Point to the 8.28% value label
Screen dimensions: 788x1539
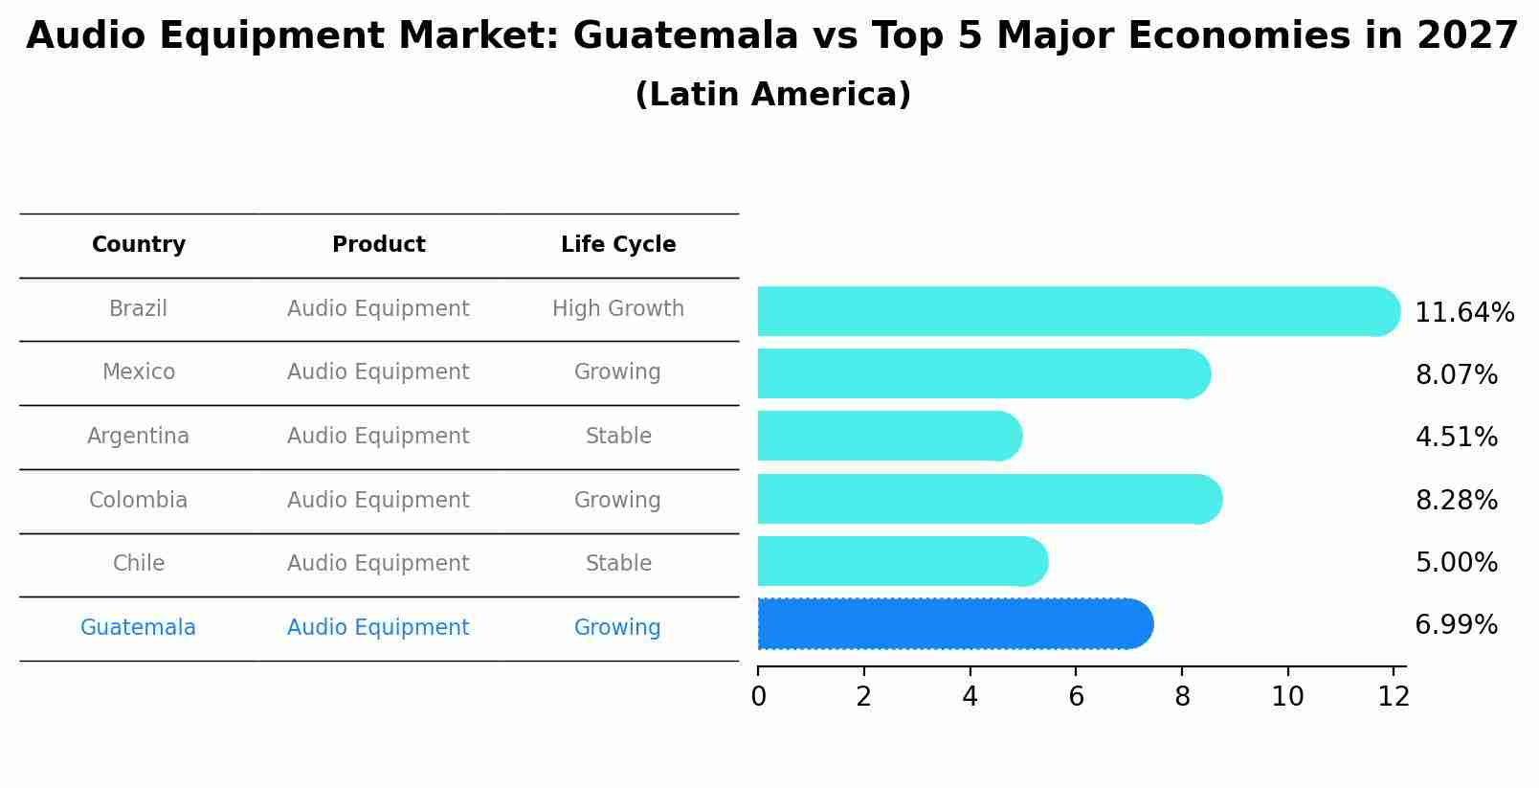coord(1456,500)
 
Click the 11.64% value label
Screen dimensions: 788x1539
coord(1463,313)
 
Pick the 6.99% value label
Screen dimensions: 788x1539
coord(1456,625)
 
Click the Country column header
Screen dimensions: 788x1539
coord(139,245)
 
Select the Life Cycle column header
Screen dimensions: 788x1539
coord(618,245)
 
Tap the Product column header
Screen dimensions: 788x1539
coord(378,245)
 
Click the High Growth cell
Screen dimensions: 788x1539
coord(618,309)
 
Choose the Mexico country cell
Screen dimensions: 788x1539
coord(139,372)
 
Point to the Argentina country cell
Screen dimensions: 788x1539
coord(139,437)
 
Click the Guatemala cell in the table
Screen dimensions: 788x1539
coord(139,628)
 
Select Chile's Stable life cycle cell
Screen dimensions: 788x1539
coord(618,564)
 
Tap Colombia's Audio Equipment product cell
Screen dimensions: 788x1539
coord(378,501)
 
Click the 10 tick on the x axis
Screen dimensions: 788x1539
coord(1287,697)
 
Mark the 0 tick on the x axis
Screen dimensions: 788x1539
coord(758,697)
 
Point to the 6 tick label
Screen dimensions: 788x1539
coord(1076,697)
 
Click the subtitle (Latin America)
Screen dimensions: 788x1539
coord(772,95)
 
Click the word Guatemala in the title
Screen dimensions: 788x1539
coord(685,36)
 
